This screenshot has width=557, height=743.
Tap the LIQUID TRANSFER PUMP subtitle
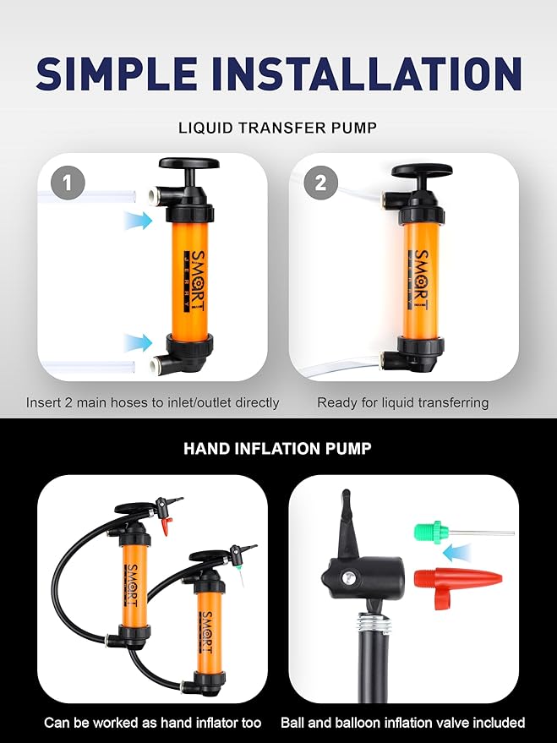(278, 128)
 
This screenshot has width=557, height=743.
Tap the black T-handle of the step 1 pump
(187, 164)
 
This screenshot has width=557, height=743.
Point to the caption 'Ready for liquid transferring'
(402, 402)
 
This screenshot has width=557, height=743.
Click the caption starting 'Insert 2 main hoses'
(152, 402)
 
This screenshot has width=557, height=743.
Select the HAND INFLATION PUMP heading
(277, 448)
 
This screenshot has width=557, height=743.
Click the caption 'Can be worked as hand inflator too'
(152, 722)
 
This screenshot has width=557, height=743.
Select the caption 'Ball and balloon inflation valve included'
(402, 722)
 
